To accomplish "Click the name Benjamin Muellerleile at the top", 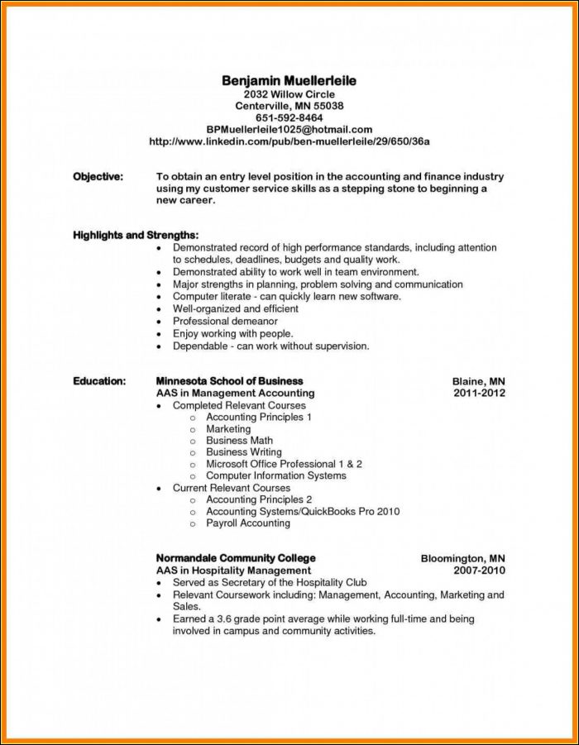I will coord(289,80).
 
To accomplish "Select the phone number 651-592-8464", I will coord(289,117).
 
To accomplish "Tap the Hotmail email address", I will coord(289,130).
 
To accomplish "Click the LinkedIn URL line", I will coord(289,141).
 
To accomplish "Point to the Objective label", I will coord(98,176).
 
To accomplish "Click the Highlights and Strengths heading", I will coord(136,236).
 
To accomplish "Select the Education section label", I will coord(99,381).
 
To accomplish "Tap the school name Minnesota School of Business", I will coord(229,381).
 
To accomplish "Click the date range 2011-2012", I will coord(479,394).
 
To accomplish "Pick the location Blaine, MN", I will coord(478,381).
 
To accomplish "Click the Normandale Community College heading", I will coord(236,558).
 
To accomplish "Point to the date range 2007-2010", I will coord(479,571).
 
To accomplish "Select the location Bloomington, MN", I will coord(462,558).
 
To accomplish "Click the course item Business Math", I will coord(239,441).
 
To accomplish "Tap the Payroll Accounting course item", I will coord(248,523).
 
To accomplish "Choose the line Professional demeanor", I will coord(225,321).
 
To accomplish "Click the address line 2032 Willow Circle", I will coord(289,94).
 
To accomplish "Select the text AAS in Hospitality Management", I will coord(233,571).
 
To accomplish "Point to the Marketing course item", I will coord(228,429).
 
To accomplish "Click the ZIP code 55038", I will coord(327,106).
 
